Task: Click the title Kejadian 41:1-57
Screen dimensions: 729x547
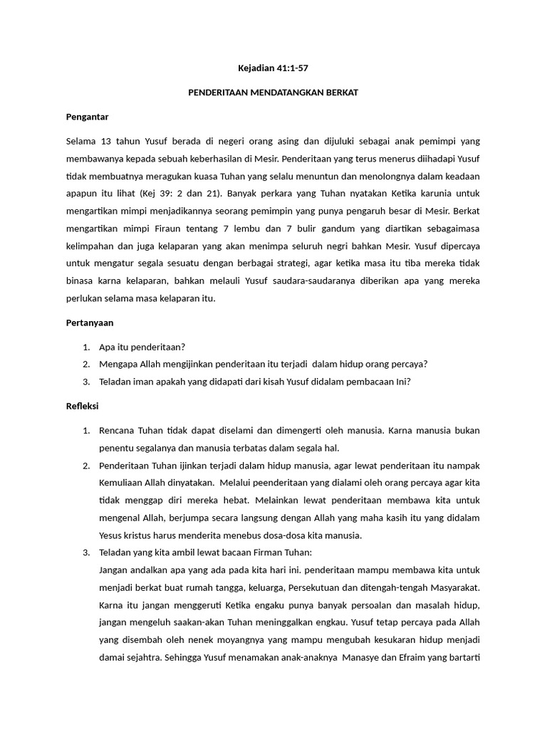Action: click(x=273, y=69)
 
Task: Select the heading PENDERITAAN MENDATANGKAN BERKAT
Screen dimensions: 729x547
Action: click(x=273, y=93)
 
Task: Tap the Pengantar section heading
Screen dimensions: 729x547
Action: click(x=87, y=117)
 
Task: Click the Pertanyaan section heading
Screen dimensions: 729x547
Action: click(x=90, y=322)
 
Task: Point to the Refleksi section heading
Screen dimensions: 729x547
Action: click(x=82, y=406)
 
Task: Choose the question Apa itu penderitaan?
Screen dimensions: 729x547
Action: click(x=142, y=347)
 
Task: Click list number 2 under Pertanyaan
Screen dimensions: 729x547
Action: click(x=85, y=364)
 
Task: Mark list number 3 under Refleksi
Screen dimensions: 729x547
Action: click(x=85, y=552)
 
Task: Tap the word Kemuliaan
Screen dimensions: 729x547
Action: click(x=125, y=483)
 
